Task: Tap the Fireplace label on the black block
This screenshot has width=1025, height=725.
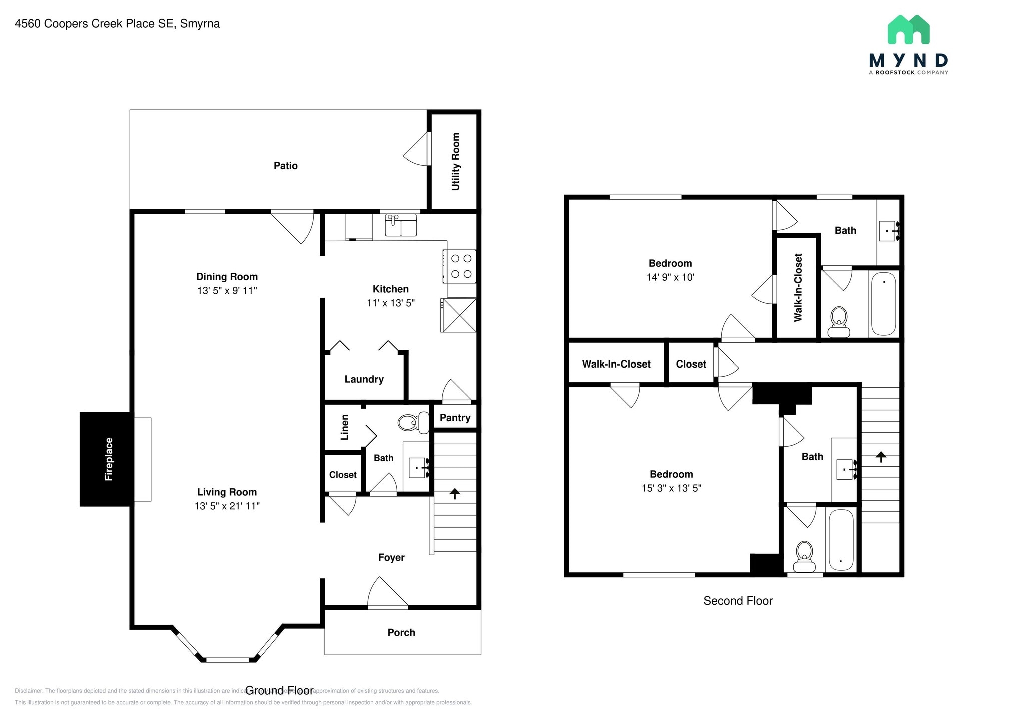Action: tap(109, 459)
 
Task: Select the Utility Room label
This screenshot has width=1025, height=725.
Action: tap(455, 161)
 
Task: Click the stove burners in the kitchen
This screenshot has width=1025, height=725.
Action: tap(461, 266)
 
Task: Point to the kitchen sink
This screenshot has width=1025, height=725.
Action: tap(400, 225)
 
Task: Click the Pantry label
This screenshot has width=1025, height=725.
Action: tap(455, 418)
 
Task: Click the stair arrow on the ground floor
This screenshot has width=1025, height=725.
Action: tap(454, 494)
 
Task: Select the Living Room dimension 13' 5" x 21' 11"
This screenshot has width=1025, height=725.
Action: tap(227, 506)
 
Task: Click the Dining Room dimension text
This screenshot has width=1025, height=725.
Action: tap(227, 290)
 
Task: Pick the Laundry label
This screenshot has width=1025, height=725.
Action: tap(364, 379)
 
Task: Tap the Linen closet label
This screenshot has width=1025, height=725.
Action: tap(344, 427)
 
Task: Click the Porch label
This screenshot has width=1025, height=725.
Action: tap(401, 632)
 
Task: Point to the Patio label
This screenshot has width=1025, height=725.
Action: tap(285, 166)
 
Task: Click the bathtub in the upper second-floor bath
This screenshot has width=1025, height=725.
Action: tap(883, 304)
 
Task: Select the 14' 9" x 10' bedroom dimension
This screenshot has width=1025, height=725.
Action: tap(670, 277)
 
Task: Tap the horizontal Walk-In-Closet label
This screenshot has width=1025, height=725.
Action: tap(616, 364)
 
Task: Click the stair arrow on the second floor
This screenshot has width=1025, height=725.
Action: tap(881, 456)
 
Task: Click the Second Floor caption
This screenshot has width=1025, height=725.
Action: tap(738, 601)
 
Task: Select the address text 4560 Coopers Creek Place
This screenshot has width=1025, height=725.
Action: tap(117, 24)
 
